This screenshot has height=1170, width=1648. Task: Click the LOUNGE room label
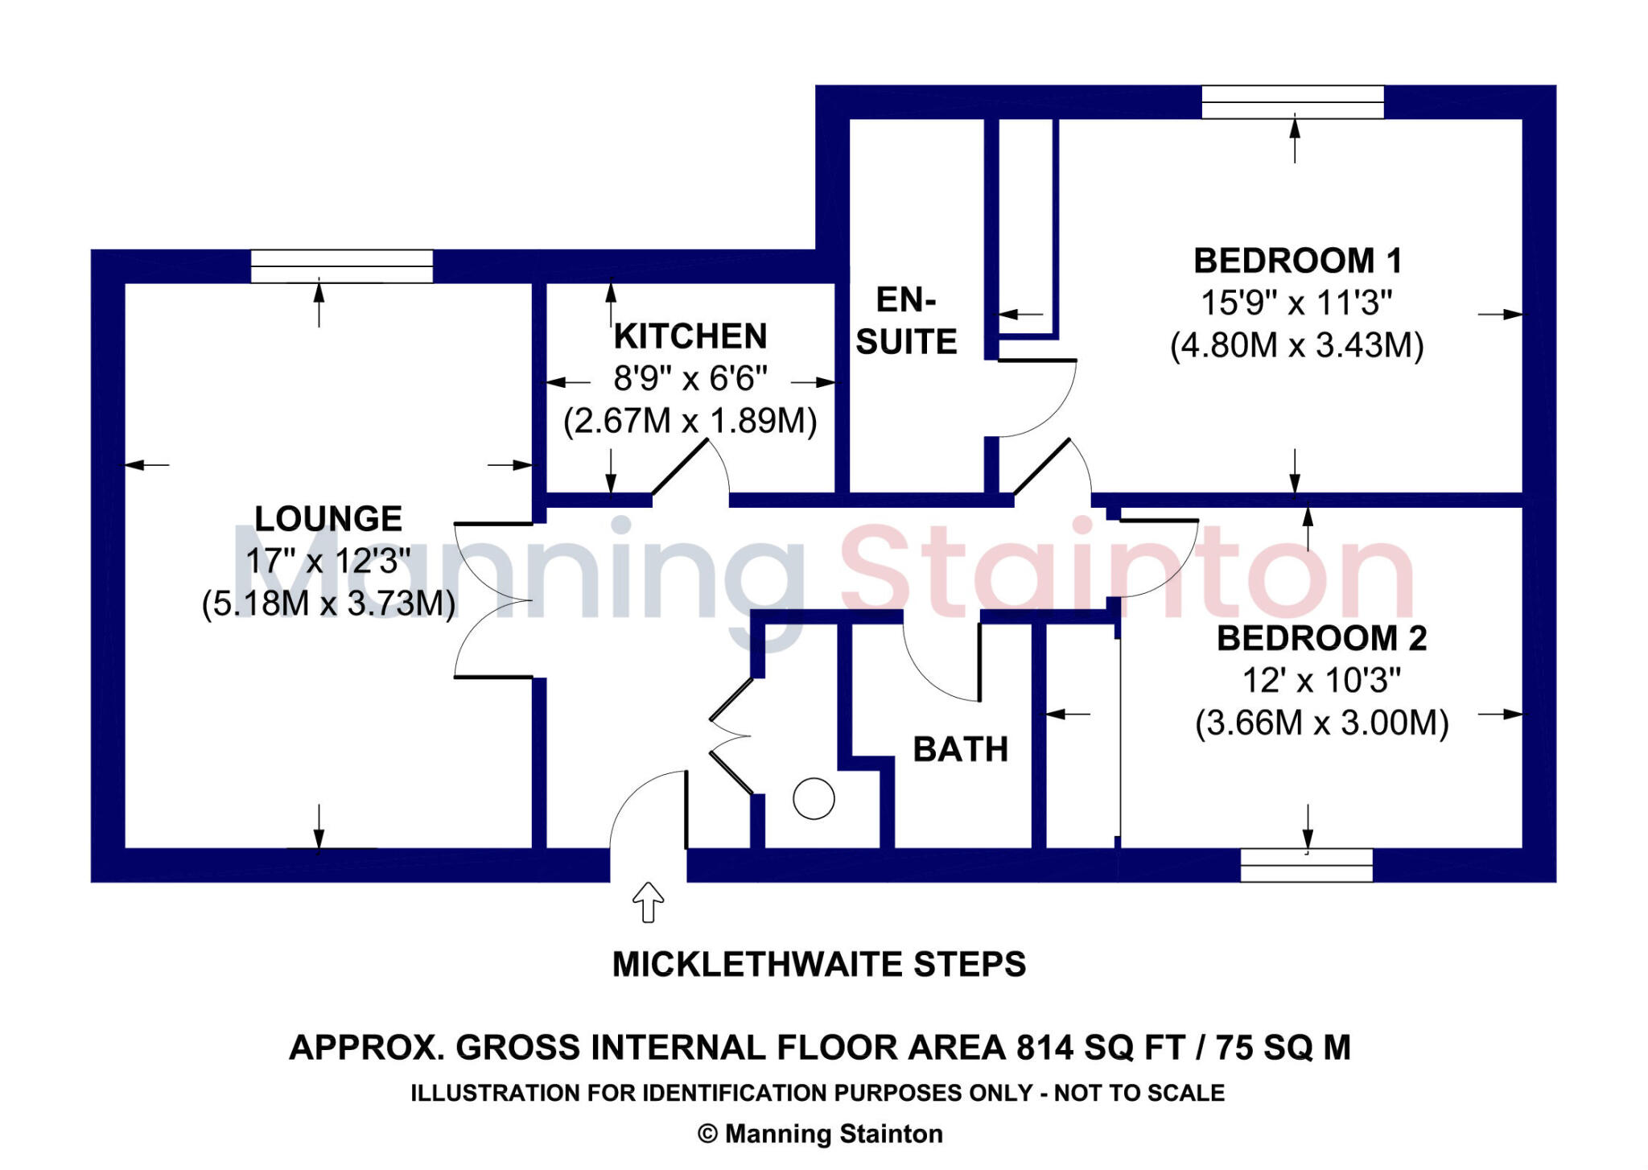[328, 519]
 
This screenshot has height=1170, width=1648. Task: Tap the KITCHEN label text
[690, 336]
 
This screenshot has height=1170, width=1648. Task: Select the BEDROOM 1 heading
[1297, 261]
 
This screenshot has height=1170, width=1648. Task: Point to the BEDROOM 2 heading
[1321, 638]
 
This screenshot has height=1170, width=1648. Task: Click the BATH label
[960, 749]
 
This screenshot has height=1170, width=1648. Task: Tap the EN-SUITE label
[906, 321]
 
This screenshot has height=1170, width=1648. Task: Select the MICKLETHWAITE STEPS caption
[818, 964]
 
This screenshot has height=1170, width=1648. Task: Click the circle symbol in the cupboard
[814, 799]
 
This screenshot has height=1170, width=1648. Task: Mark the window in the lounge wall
[341, 266]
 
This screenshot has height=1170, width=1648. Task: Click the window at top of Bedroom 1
[1292, 102]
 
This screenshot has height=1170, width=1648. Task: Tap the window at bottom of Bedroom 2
[1305, 865]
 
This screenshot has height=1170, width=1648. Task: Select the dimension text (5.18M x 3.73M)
[328, 604]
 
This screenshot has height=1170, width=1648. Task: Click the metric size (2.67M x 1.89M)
[690, 421]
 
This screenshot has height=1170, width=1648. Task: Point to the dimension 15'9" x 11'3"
[1296, 303]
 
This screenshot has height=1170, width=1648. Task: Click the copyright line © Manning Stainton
[820, 1134]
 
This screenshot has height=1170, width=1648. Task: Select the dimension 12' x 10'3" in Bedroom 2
[1321, 681]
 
